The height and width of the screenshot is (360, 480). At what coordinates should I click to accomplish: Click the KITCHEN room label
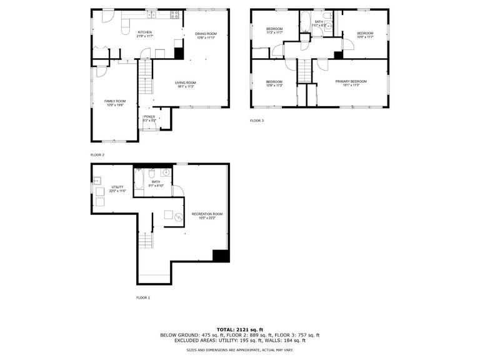(x=145, y=32)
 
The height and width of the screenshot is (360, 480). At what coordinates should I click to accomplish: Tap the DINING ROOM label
(x=206, y=34)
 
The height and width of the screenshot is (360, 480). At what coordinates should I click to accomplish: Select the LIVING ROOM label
(x=185, y=82)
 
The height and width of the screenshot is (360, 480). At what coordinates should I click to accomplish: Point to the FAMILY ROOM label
(x=115, y=101)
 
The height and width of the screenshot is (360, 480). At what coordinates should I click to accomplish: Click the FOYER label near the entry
(x=149, y=116)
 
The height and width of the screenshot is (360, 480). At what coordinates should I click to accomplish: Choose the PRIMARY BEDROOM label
(x=351, y=81)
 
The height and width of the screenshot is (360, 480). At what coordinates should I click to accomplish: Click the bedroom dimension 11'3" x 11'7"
(x=274, y=32)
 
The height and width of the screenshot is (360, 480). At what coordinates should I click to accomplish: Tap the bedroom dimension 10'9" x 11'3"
(x=274, y=86)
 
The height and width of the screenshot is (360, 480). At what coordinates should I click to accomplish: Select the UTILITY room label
(x=117, y=186)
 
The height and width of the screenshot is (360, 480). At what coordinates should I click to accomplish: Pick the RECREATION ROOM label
(x=207, y=214)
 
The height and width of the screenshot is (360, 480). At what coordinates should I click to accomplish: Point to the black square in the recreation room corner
(x=221, y=255)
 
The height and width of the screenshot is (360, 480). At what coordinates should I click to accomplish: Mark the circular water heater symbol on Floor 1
(x=177, y=217)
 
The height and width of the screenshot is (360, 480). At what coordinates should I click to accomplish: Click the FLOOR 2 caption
(x=97, y=154)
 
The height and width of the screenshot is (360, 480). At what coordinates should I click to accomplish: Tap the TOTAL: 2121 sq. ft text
(x=240, y=329)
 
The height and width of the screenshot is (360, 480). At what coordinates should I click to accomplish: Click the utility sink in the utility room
(x=97, y=181)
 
